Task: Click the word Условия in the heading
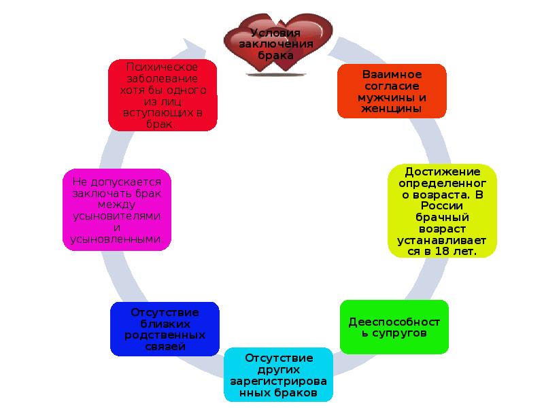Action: tap(275, 32)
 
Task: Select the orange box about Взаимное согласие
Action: tap(392, 90)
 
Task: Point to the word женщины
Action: tap(392, 107)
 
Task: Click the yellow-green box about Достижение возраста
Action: tap(442, 211)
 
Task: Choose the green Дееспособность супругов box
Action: tap(394, 326)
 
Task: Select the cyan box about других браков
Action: tap(279, 375)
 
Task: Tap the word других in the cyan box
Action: tap(279, 369)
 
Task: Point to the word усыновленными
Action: tap(116, 239)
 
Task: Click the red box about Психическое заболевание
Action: tap(163, 95)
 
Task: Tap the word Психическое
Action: tap(163, 67)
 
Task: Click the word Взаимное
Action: tap(392, 74)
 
